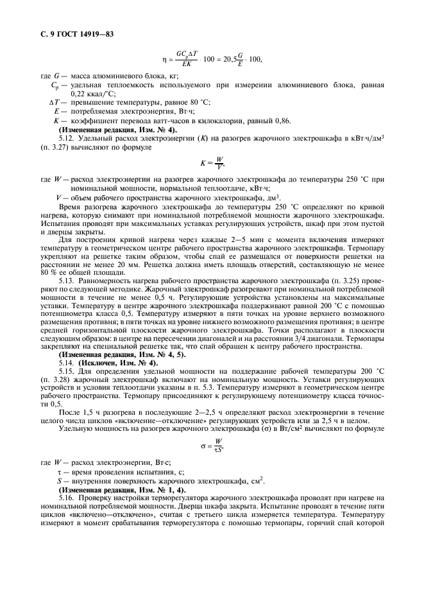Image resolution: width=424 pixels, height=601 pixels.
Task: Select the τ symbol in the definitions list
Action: (59, 471)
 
